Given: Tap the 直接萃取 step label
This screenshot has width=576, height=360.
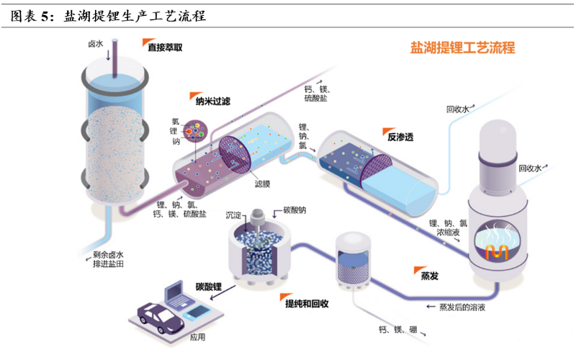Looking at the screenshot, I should pyautogui.click(x=165, y=48).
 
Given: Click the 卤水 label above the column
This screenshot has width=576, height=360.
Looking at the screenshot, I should pyautogui.click(x=96, y=44).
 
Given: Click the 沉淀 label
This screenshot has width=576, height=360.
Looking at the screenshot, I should pyautogui.click(x=234, y=214).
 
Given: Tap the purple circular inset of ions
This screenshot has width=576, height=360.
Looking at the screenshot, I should pyautogui.click(x=195, y=132).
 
